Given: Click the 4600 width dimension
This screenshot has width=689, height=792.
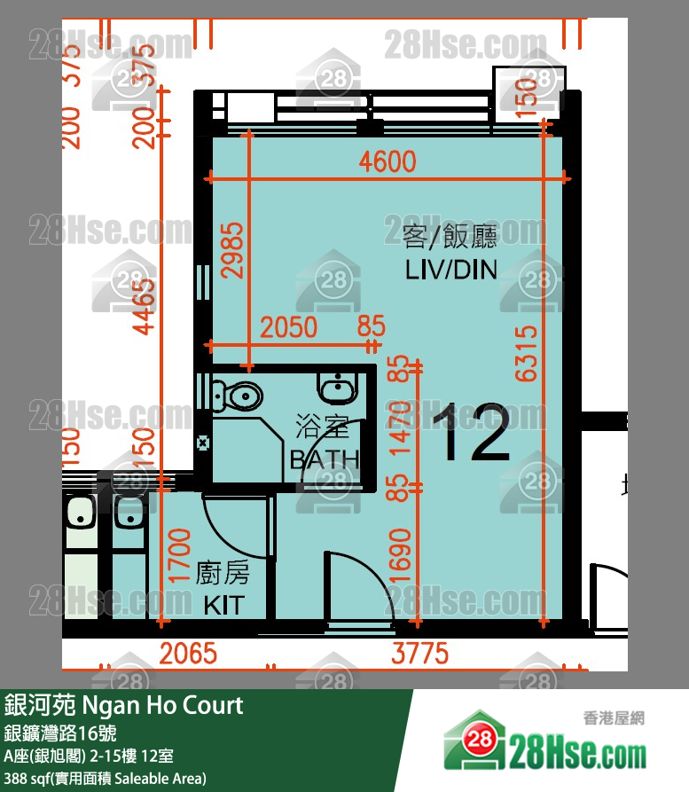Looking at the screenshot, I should pos(387,162).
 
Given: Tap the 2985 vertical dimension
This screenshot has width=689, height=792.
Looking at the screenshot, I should pos(232,249).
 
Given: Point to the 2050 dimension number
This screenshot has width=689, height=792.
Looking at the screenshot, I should pos(288,327).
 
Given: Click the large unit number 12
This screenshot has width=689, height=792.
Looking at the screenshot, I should pos(473,434).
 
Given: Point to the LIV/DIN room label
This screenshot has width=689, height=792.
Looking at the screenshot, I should pos(450,269).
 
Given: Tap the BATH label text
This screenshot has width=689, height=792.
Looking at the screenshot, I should pos(325,460).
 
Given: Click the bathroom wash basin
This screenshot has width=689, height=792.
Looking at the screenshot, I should pos(337,388).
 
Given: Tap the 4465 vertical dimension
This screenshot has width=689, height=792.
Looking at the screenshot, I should pos(145,305).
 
